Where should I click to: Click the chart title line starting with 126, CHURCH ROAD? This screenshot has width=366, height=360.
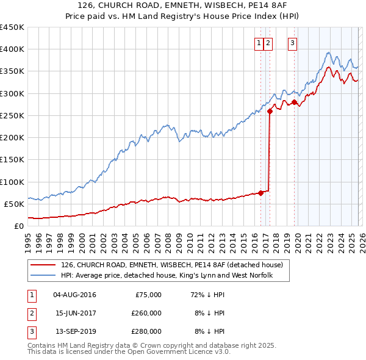click(183, 5)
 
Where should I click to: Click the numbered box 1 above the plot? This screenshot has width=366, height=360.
click(259, 43)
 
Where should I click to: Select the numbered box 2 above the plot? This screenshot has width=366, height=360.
click(269, 43)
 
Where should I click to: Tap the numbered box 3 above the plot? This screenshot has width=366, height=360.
click(293, 43)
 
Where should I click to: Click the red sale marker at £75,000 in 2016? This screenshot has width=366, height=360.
click(260, 193)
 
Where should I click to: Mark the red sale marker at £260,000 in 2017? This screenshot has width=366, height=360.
click(270, 111)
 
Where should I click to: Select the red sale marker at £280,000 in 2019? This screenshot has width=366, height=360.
click(294, 103)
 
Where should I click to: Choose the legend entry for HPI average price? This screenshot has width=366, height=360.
click(166, 276)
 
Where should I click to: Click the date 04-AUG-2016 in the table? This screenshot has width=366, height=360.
click(74, 295)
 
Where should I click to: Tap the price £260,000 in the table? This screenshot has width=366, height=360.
click(146, 313)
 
